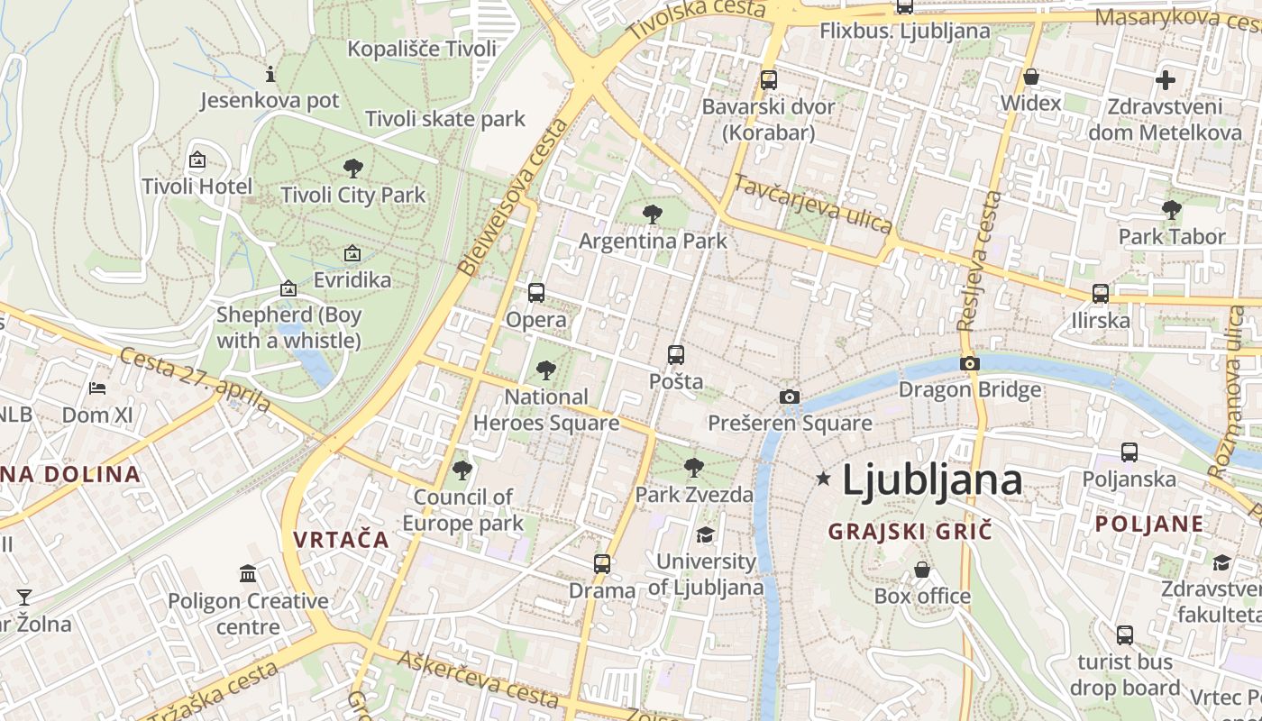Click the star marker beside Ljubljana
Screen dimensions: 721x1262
pos(823,479)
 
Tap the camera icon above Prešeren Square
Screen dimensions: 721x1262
pos(789,397)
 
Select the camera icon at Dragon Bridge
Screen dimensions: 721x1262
pos(970,363)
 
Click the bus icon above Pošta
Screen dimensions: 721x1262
pos(676,355)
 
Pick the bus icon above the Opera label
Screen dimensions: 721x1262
pos(536,293)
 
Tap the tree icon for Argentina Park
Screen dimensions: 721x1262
pos(653,214)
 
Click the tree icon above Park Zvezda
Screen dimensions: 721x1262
pos(693,468)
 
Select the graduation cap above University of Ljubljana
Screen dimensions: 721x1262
pos(705,535)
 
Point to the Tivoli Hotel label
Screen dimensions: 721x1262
pos(197,187)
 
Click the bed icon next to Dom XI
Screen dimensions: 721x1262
pos(97,388)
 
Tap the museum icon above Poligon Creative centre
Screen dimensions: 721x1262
pos(248,573)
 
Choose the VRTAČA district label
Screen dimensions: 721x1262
pos(341,541)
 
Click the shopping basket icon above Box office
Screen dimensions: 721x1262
pos(922,570)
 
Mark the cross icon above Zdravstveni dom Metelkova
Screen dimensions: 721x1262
pos(1166,79)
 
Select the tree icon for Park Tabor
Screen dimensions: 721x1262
pos(1172,210)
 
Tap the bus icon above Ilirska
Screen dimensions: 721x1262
pos(1101,294)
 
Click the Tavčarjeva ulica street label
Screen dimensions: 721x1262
pos(812,204)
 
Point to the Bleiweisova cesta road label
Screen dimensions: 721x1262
pos(514,196)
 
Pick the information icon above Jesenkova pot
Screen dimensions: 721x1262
pos(270,74)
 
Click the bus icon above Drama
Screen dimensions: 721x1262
pos(602,564)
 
